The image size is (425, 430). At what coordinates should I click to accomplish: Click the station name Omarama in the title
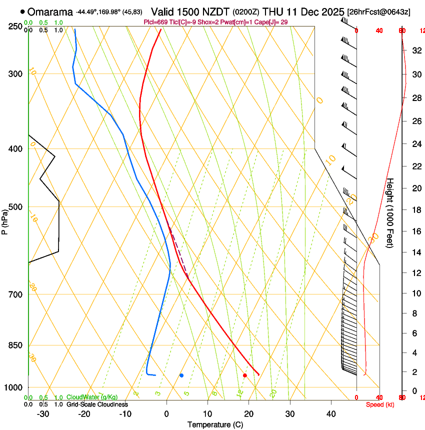coord(50,11)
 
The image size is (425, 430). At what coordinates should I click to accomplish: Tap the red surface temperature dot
coord(244,375)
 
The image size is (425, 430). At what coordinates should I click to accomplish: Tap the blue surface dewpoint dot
coord(181,375)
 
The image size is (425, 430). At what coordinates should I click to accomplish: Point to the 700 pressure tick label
coord(15,294)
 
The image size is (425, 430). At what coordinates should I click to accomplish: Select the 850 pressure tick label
coord(15,345)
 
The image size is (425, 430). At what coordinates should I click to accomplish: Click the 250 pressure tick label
coord(15,26)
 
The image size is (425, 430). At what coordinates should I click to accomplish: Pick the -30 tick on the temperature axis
coord(43,414)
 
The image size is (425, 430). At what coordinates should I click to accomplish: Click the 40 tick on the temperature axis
coord(330,414)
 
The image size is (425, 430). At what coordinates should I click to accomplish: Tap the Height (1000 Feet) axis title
coord(390,212)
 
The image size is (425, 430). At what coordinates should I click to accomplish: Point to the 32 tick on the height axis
coord(415,50)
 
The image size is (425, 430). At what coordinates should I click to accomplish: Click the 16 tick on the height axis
coord(415,231)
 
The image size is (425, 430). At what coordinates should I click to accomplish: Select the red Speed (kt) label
coord(380,404)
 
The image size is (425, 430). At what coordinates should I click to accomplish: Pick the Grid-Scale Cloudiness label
coord(97,404)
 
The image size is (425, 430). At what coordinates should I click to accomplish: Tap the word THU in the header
coord(272,11)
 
